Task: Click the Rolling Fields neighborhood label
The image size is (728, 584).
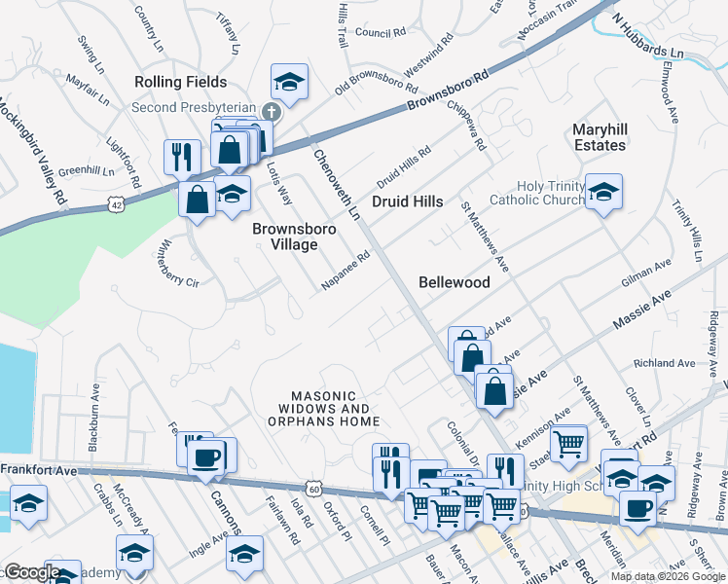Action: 180,82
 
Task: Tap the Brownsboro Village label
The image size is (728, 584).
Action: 294,237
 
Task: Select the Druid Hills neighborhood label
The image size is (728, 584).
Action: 407,201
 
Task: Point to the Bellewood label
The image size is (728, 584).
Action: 454,282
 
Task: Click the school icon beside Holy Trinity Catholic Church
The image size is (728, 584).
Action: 603,191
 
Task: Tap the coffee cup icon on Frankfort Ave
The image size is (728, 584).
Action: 206,456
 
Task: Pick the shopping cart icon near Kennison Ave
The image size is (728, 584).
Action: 569,444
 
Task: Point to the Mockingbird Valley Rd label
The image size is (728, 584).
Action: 31,150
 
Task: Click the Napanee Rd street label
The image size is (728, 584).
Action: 346,273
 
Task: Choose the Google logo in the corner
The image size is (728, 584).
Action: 31,572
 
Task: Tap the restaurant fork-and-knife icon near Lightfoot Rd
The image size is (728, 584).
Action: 182,156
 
